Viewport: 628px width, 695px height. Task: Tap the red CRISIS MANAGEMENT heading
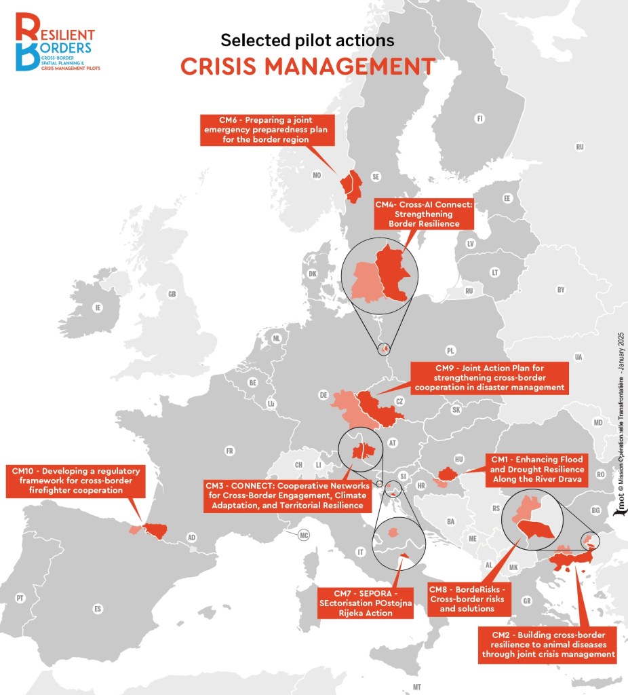307,67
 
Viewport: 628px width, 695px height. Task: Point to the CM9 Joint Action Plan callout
490,377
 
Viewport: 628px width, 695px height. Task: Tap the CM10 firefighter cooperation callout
76,480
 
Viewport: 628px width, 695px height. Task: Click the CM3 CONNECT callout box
287,496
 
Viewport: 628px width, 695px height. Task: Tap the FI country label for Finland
480,119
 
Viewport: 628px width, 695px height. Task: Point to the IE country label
98,307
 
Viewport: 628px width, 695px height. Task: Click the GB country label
172,294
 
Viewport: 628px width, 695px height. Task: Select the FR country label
229,451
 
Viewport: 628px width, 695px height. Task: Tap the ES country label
98,609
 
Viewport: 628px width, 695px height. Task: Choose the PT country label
20,598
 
